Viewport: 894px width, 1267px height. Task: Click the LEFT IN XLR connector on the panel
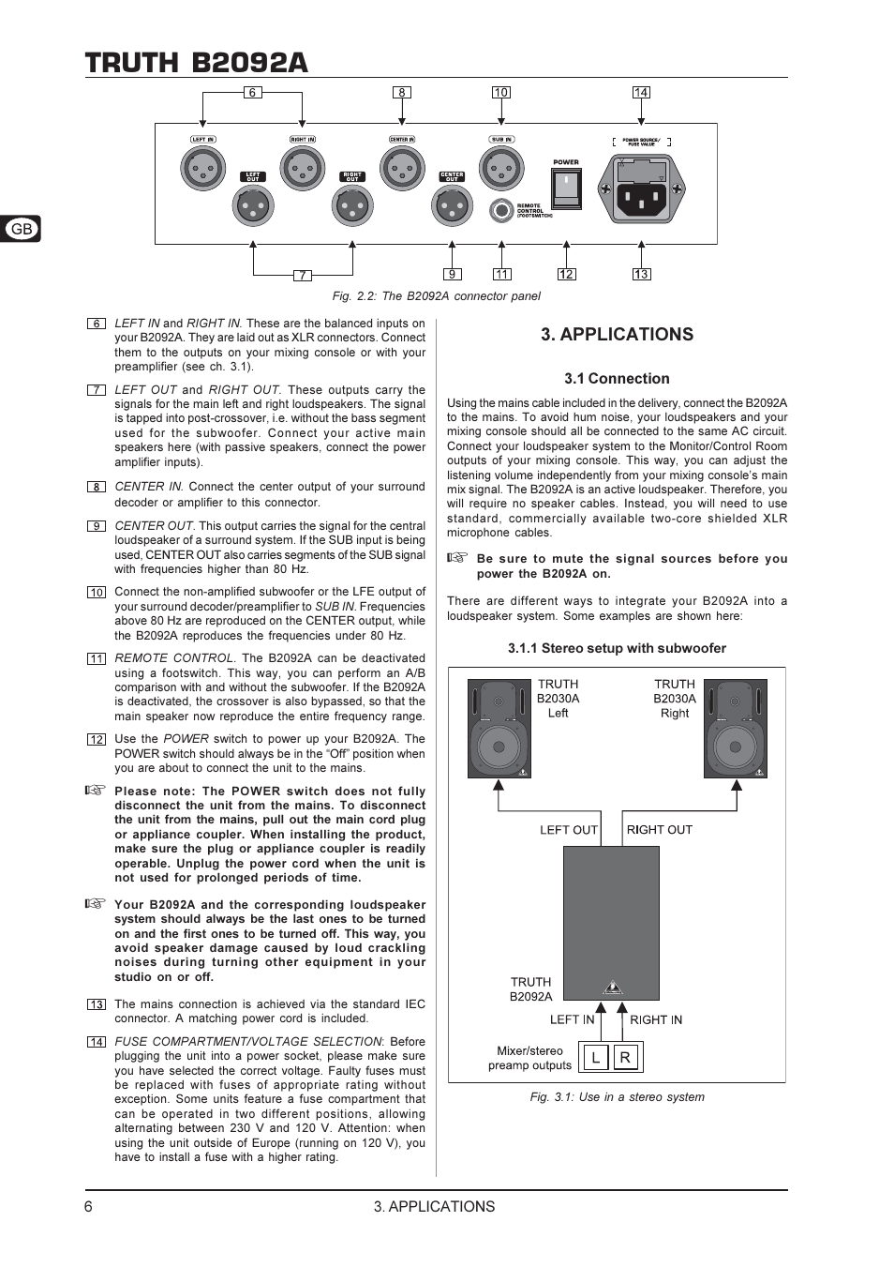point(202,170)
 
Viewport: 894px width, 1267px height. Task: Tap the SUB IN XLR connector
point(501,170)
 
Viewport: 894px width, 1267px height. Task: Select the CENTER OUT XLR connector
point(452,206)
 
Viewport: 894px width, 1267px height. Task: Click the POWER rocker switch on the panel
point(566,189)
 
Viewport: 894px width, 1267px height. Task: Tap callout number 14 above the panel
point(641,92)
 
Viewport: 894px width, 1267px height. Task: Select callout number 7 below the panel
point(302,275)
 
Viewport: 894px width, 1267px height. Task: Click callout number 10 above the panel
point(501,92)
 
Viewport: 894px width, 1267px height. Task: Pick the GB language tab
point(21,229)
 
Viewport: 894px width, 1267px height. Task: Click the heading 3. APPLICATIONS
point(617,335)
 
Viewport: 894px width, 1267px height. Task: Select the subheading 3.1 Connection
point(617,379)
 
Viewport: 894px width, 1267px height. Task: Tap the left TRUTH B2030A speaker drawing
point(499,728)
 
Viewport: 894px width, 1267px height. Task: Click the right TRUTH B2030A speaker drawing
point(736,728)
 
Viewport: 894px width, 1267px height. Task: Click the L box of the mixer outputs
point(595,1058)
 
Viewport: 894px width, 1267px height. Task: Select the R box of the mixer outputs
point(625,1058)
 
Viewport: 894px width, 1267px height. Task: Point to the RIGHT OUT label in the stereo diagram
point(659,830)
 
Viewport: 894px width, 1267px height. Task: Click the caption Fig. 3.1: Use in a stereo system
point(617,1097)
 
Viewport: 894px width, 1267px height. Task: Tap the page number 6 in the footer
point(89,1207)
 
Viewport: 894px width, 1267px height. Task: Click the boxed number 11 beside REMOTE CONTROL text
point(97,658)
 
